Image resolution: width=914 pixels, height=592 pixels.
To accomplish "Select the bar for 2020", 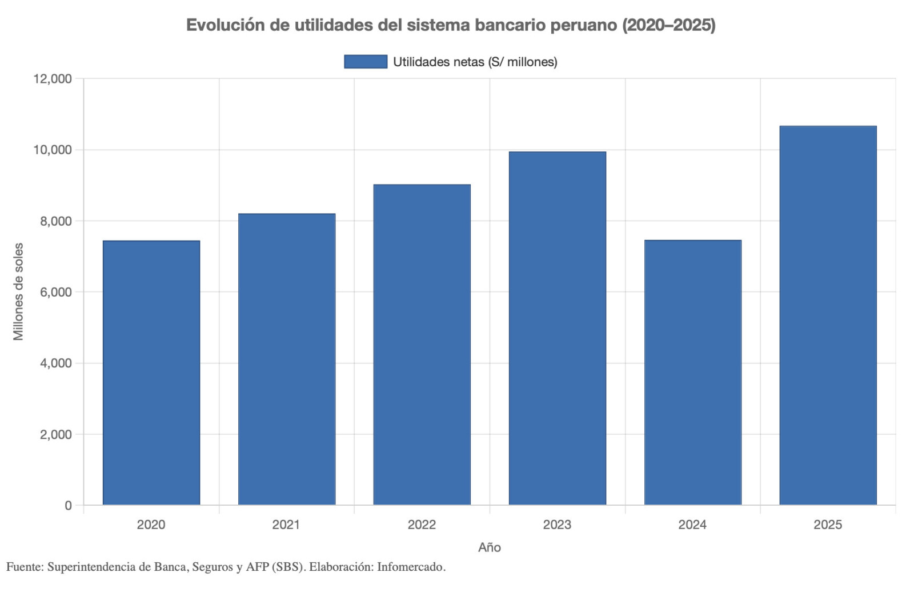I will (151, 373).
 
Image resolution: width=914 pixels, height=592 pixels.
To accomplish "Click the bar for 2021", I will (287, 359).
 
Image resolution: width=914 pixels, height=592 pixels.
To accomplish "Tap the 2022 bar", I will (422, 345).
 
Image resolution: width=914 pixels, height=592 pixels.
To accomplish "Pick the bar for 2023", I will (558, 328).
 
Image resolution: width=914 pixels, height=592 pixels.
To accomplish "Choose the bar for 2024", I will (693, 373).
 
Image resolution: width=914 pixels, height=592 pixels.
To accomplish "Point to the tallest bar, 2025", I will (828, 315).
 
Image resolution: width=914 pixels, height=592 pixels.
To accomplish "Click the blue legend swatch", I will (366, 62).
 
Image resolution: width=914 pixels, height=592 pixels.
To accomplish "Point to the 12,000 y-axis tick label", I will (53, 79).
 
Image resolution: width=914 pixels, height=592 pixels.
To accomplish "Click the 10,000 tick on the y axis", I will (53, 150).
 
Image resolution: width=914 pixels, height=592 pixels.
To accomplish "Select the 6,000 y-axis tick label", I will (56, 292).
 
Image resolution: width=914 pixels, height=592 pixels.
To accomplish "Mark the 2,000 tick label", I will (56, 434).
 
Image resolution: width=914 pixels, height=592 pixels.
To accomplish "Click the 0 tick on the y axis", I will (69, 506).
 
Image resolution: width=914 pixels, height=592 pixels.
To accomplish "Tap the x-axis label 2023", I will (557, 525).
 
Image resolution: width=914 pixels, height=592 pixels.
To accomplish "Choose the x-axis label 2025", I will (828, 525).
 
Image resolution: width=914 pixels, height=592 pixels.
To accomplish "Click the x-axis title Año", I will (490, 547).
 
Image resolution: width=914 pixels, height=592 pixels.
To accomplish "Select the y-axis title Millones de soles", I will (18, 291).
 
